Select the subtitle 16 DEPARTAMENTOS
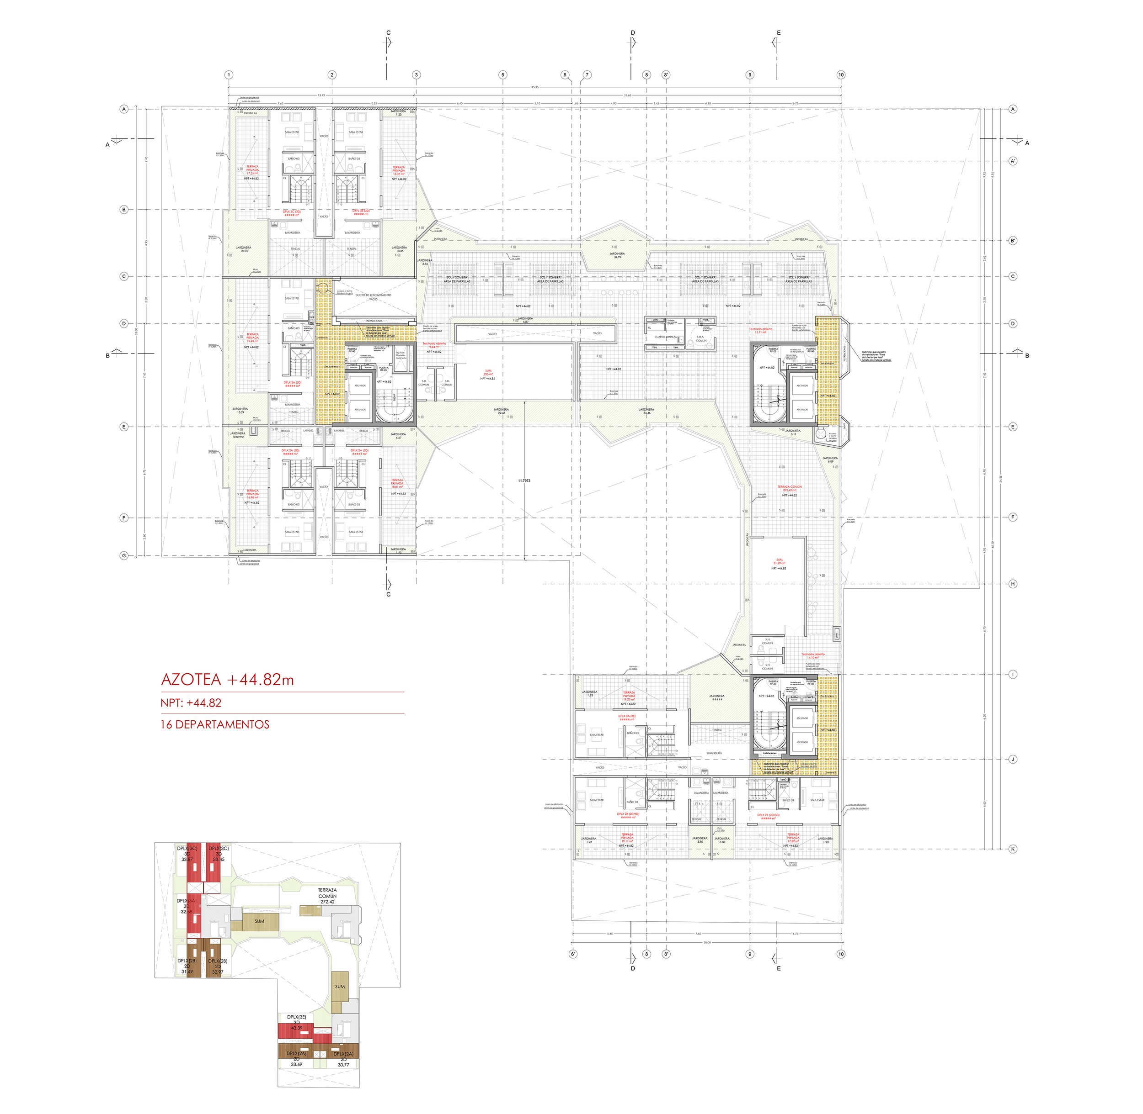[215, 724]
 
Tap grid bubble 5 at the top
[502, 75]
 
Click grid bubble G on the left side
[123, 555]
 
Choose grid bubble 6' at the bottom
[573, 954]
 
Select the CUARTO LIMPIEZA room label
[666, 337]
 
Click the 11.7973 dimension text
[524, 480]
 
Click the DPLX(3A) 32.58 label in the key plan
[186, 906]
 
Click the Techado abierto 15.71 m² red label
[761, 331]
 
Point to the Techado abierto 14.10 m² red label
[813, 656]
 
